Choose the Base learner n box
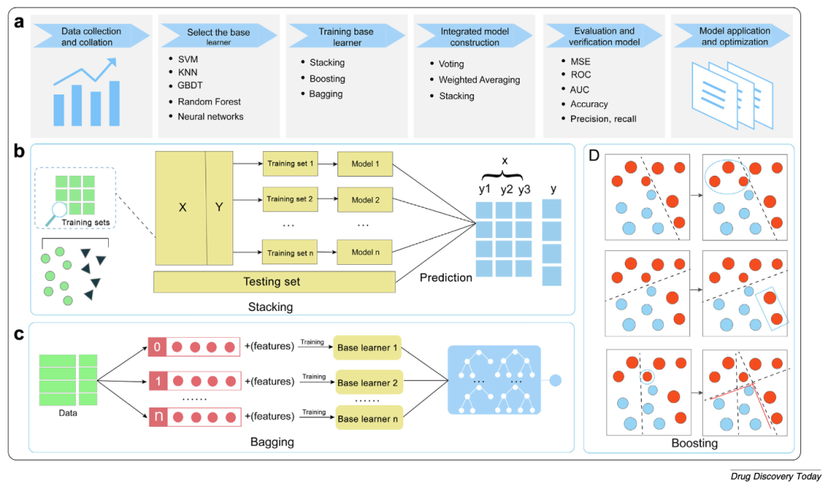[368, 420]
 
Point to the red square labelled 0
[157, 349]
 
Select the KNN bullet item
[187, 73]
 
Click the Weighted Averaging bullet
[479, 80]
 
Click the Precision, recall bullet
[603, 118]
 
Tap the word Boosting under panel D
[694, 443]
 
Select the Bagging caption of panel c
[272, 443]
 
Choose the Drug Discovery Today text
[775, 477]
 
